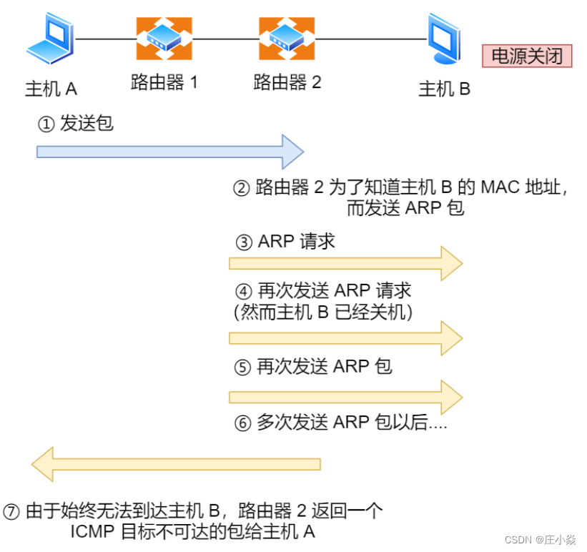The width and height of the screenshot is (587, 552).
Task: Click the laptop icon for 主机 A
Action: (x=51, y=41)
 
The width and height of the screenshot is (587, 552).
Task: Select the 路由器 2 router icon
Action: (x=287, y=39)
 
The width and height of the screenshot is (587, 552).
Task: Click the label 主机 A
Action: (x=51, y=89)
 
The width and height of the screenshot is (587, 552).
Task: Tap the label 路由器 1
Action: (x=164, y=82)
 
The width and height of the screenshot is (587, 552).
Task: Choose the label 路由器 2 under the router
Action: (x=287, y=82)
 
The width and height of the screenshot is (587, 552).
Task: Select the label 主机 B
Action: (x=444, y=89)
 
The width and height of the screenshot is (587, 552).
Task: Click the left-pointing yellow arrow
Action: (x=175, y=464)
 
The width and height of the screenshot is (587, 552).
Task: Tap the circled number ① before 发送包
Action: (x=46, y=124)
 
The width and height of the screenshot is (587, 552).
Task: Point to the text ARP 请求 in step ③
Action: (x=297, y=242)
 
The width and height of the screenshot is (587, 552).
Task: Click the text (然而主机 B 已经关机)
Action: (x=324, y=312)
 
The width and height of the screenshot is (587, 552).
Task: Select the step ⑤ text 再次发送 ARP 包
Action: (x=324, y=367)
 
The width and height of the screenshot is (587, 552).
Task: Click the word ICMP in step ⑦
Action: (x=90, y=532)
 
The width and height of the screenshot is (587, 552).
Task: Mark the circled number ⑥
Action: (x=243, y=423)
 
